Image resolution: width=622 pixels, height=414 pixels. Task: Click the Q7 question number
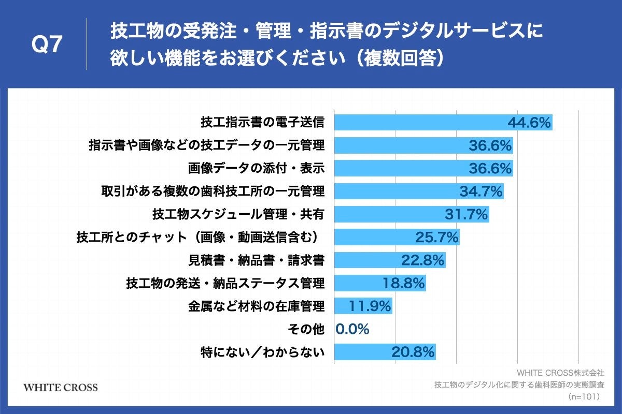(x=47, y=45)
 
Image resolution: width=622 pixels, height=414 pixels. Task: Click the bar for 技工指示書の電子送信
(x=420, y=123)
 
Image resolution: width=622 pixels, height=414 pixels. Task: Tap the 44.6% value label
(x=529, y=123)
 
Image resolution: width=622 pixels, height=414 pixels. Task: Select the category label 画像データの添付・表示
(x=256, y=169)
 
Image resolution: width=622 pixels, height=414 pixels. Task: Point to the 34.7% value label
(x=481, y=191)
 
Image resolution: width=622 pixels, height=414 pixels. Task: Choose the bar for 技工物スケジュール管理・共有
(x=389, y=214)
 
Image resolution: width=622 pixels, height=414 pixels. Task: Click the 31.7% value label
(x=466, y=214)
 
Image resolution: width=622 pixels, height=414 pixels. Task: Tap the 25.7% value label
(x=437, y=238)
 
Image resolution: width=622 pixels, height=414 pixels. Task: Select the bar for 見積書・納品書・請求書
(x=368, y=260)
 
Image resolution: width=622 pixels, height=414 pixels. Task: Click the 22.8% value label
(x=422, y=260)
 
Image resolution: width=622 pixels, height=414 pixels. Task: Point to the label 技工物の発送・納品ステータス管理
(x=225, y=283)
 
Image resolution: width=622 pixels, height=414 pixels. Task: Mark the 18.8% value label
(x=403, y=283)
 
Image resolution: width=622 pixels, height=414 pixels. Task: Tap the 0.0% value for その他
(x=352, y=329)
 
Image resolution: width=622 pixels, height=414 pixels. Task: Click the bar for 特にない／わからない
(x=363, y=352)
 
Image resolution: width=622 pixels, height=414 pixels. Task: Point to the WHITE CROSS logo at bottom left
(x=61, y=387)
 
